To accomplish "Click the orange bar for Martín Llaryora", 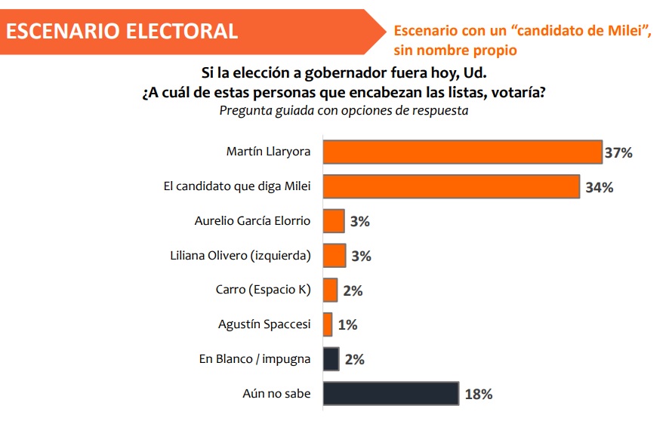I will (x=462, y=152).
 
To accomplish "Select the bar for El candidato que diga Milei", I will (x=451, y=186).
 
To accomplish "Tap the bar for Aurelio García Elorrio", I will (x=334, y=221).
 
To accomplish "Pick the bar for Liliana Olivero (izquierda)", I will (x=334, y=255).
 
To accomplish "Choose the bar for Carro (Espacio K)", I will (x=330, y=290).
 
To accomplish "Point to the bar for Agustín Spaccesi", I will (x=328, y=324).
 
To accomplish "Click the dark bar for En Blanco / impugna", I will (x=331, y=359).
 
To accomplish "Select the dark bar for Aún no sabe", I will (x=390, y=393).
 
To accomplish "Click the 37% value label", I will (x=618, y=153).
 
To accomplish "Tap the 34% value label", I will (x=599, y=188).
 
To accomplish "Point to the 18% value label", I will (x=478, y=395).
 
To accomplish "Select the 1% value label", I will (x=347, y=325).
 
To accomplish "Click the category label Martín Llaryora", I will (x=268, y=152).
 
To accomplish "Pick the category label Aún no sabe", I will (x=276, y=393).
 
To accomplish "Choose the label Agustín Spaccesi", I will (x=264, y=324).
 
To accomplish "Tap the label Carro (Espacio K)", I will (x=263, y=290).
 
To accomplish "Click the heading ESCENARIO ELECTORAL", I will (x=122, y=31).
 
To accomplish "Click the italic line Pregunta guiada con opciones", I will (x=344, y=111).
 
